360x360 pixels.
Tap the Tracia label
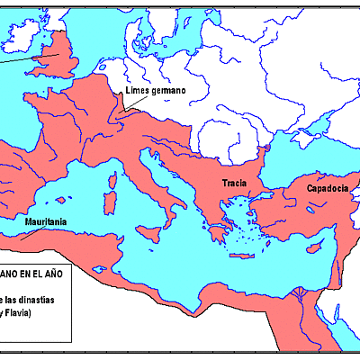tap(235, 184)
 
